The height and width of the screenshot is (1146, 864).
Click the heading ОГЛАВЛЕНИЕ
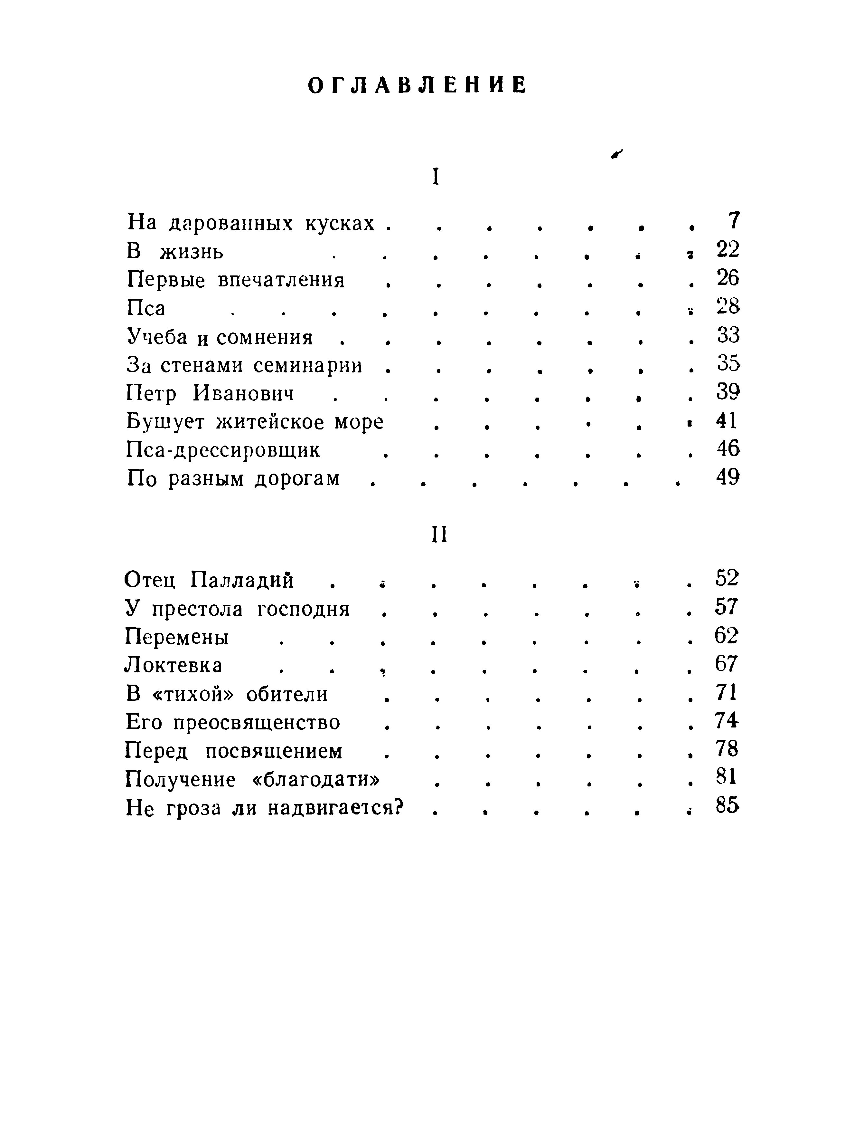(417, 85)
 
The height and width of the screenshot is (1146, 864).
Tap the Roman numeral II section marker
(439, 535)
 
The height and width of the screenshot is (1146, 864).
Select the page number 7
(734, 221)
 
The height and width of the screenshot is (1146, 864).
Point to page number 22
(728, 250)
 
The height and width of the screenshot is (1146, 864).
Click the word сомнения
(265, 337)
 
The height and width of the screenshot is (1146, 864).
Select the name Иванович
(243, 394)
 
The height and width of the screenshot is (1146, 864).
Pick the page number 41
(726, 421)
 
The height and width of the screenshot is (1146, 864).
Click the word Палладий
(242, 579)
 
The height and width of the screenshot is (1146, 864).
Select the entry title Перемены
(177, 637)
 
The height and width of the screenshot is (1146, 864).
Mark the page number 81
(726, 777)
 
